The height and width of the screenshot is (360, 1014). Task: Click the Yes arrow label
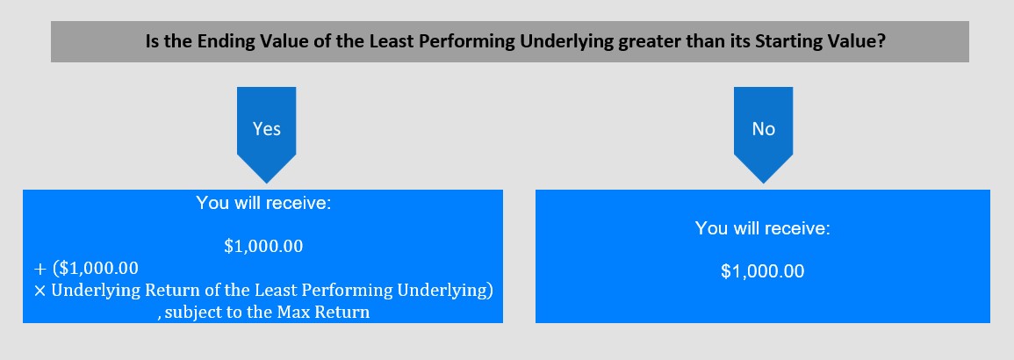[x=266, y=128]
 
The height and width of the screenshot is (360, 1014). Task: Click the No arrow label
[x=763, y=128]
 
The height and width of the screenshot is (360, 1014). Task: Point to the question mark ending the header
[x=881, y=41]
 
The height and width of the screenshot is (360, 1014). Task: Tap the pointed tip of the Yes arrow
[x=266, y=183]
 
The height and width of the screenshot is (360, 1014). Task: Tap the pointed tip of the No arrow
[x=763, y=183]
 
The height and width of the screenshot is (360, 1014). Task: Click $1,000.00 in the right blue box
[x=762, y=271]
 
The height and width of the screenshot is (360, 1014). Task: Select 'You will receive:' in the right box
[x=762, y=228]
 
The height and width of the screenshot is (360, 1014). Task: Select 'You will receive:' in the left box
[x=264, y=203]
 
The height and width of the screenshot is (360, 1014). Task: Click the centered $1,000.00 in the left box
[x=263, y=246]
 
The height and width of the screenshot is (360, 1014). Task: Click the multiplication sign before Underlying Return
[x=40, y=291]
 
